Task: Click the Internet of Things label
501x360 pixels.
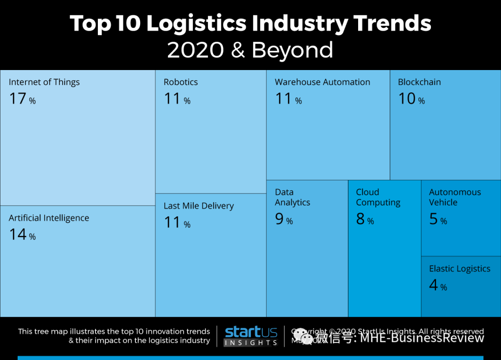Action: tap(44, 82)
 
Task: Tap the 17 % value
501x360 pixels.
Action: tap(22, 99)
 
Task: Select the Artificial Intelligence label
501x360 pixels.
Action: tap(49, 218)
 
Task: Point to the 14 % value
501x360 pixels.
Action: tap(22, 235)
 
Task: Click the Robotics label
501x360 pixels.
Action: tap(180, 82)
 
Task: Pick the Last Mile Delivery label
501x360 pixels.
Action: tap(199, 206)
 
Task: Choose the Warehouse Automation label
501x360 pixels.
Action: tap(322, 82)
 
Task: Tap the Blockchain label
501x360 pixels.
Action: tap(419, 82)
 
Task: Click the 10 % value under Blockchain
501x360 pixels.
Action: tap(411, 99)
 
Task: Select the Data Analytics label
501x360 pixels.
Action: tap(292, 197)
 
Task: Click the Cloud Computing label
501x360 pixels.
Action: tap(378, 197)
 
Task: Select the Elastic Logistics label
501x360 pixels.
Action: tap(459, 269)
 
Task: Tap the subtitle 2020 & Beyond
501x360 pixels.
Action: tap(250, 50)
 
